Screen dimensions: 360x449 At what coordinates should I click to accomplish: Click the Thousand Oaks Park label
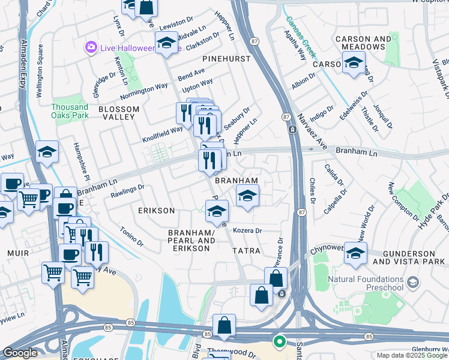69,110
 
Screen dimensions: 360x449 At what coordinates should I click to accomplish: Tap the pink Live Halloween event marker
91,47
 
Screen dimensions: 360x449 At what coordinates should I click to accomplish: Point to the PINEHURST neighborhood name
225,59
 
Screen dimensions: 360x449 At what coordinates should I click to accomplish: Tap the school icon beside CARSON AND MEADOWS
354,62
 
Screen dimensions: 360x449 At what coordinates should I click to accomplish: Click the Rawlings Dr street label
127,191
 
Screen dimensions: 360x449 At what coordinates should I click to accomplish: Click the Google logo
20,353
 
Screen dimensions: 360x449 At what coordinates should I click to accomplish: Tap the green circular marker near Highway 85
279,342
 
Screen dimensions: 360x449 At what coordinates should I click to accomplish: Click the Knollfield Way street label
162,130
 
